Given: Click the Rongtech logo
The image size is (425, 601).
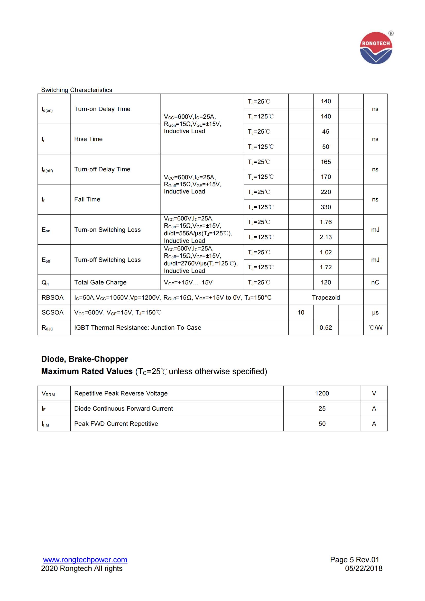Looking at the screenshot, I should tap(376, 48).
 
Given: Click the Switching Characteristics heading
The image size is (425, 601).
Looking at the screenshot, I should tap(76, 90).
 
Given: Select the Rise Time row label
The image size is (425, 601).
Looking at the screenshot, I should tap(88, 139).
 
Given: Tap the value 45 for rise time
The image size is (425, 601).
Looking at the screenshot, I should tap(326, 132).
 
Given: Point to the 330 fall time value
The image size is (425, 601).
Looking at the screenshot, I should tap(326, 207).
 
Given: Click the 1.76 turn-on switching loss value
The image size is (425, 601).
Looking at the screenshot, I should tap(326, 222).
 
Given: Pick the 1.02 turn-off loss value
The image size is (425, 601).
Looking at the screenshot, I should tap(326, 252).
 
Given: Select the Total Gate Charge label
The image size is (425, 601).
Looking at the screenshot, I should tap(100, 282).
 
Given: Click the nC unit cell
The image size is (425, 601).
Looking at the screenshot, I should tap(375, 282).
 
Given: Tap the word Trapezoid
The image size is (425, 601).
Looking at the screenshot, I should tap(326, 298).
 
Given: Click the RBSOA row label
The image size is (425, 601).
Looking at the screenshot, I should tap(53, 298).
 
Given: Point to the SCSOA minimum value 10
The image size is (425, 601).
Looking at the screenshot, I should tap(301, 312).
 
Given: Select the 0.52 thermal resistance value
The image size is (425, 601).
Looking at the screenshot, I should tap(326, 328).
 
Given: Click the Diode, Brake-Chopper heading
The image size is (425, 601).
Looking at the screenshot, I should tap(84, 359).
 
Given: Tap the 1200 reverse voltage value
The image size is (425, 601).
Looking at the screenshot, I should tap(322, 393).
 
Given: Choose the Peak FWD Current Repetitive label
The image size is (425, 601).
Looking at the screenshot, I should tap(116, 424).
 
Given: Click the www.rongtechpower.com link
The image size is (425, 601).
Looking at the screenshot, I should tap(85, 560).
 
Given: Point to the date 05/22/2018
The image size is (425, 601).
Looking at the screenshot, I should tap(364, 568).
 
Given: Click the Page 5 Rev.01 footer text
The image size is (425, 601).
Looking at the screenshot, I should tap(354, 560).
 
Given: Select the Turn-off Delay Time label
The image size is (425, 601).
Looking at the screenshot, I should tap(102, 169).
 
